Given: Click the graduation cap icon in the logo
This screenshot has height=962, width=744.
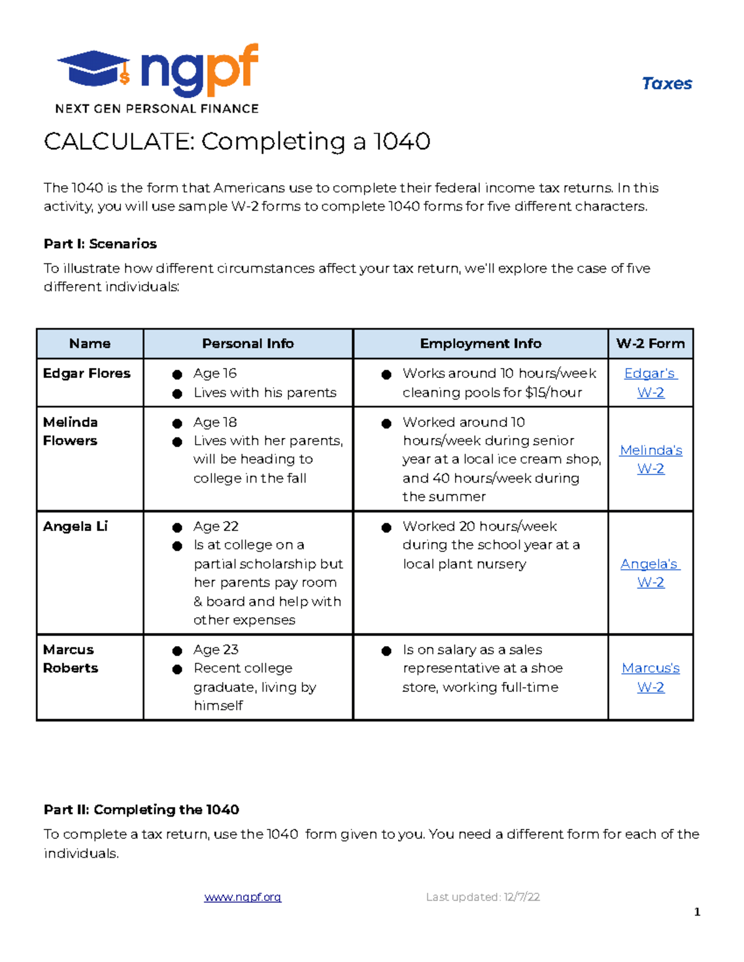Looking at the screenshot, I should [x=93, y=68].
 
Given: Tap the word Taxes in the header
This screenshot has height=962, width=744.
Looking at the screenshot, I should [x=666, y=84].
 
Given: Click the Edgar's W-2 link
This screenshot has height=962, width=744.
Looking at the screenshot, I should [x=650, y=382].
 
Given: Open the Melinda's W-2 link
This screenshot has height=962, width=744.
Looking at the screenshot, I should [x=650, y=459].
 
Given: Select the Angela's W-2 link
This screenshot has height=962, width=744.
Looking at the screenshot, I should [x=650, y=572].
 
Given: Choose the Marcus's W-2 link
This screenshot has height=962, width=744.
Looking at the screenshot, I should [x=650, y=677].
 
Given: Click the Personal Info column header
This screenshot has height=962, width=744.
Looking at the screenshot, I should [x=248, y=343].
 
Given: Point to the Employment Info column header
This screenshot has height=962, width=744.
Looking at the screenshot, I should [x=480, y=343].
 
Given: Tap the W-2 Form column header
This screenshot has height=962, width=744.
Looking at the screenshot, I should [x=650, y=343].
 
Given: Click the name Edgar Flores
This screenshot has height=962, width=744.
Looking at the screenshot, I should [x=87, y=373].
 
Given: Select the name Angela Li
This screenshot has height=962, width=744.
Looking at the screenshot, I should [x=75, y=526].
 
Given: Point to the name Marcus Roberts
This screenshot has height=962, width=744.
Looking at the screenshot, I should [x=70, y=658].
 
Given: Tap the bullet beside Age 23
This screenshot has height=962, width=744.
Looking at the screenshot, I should [x=177, y=650].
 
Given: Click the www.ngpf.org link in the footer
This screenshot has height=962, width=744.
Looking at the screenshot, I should [x=242, y=897].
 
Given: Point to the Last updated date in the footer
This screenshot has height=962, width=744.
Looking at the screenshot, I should [x=482, y=897].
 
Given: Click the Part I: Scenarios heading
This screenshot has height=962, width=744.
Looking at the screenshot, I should [x=100, y=243].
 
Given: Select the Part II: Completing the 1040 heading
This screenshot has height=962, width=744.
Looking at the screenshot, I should [x=141, y=810].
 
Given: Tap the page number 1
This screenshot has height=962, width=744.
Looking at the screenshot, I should [x=697, y=912].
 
